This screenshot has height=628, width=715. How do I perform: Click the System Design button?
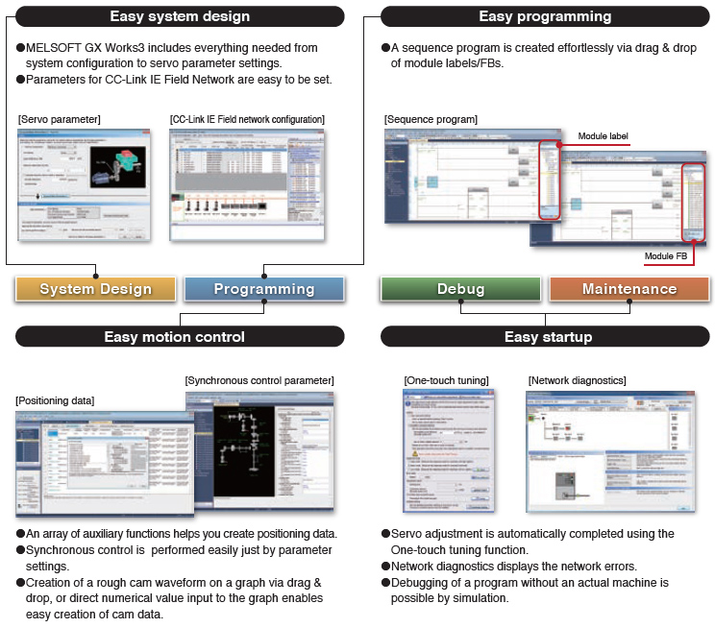[x=95, y=289]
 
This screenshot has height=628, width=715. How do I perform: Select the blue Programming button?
[x=263, y=289]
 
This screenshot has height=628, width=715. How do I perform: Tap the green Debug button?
[x=460, y=289]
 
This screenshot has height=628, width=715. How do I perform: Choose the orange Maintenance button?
[x=629, y=289]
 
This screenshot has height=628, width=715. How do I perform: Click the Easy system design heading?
[x=180, y=16]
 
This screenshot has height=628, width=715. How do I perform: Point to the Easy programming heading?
[x=545, y=16]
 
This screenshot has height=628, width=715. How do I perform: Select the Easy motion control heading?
[x=180, y=337]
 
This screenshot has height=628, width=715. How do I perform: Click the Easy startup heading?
[x=545, y=337]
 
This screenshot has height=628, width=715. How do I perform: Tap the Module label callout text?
[x=603, y=136]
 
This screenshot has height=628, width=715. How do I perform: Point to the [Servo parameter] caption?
[x=59, y=119]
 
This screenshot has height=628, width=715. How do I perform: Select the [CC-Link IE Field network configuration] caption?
[x=247, y=119]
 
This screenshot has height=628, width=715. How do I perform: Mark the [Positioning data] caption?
[x=55, y=399]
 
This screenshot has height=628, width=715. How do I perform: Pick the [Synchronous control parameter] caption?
[x=259, y=381]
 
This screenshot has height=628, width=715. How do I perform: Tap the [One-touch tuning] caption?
[x=446, y=381]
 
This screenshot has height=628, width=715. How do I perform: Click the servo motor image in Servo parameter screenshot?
[x=116, y=168]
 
